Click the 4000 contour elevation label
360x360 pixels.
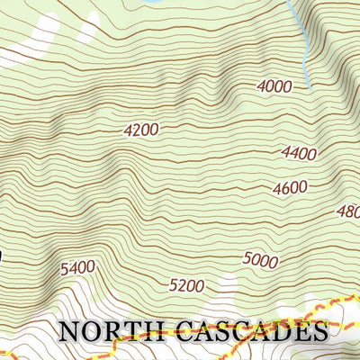point(274,86)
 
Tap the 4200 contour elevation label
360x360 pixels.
point(141,130)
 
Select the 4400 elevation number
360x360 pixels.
point(299,154)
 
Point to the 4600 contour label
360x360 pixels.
point(290,188)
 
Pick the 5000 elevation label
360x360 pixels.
point(260,260)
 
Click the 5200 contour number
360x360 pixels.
point(187,286)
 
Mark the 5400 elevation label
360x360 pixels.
point(77,267)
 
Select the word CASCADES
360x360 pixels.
point(254,330)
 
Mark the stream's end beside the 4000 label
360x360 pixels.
point(309,85)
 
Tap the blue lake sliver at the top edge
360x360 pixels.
point(148,4)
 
